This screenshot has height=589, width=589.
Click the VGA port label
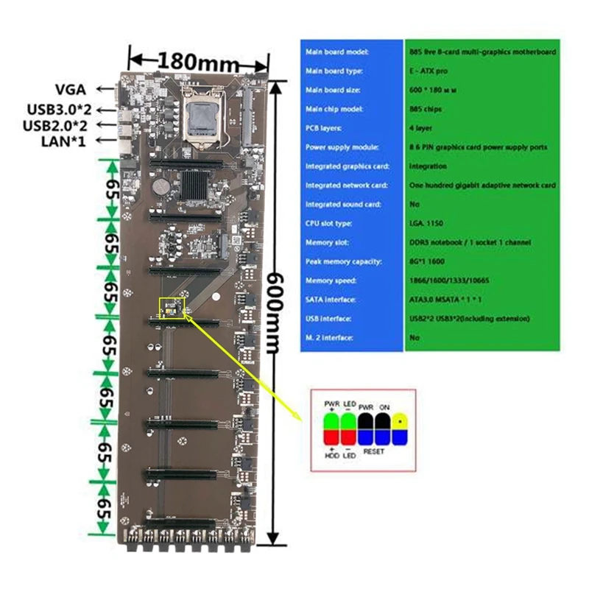click(x=71, y=90)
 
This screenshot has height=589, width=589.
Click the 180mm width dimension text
click(x=198, y=59)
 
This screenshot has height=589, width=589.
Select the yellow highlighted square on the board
click(x=170, y=308)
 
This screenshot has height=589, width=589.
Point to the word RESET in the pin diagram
click(x=374, y=451)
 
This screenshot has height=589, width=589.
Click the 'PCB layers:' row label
click(x=322, y=127)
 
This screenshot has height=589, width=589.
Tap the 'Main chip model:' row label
click(x=331, y=109)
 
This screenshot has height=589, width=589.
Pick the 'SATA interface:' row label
click(x=329, y=300)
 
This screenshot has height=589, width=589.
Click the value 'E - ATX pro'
click(x=428, y=71)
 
